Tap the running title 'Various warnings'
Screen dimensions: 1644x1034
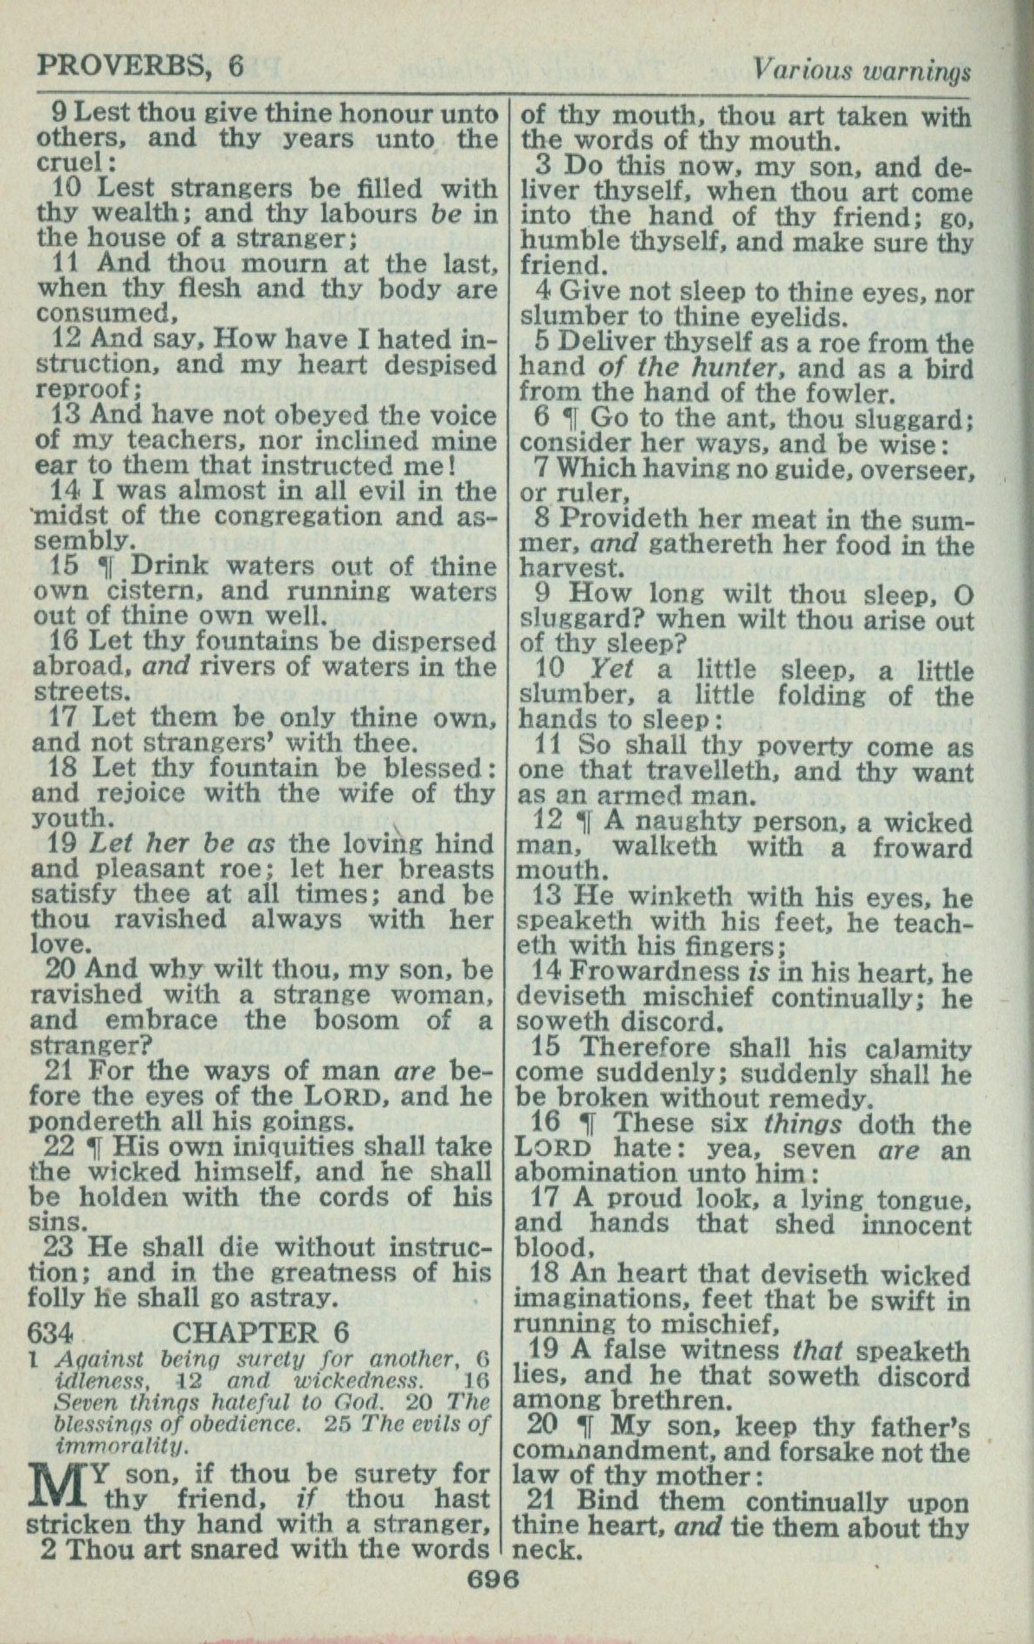coord(861,68)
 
